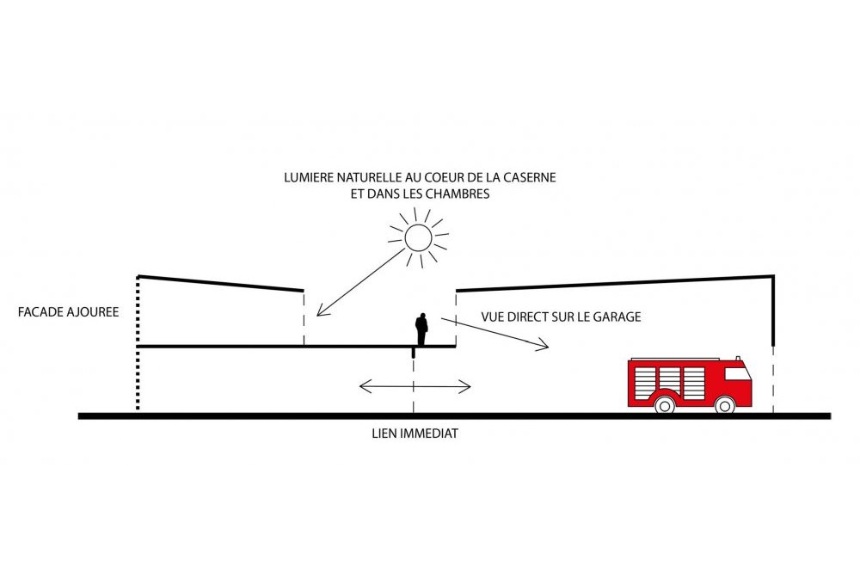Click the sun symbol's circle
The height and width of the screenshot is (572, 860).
click(405, 237)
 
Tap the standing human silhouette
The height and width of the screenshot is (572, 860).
click(421, 329)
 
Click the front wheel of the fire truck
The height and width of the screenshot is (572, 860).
click(725, 405)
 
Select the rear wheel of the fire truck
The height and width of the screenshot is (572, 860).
click(665, 405)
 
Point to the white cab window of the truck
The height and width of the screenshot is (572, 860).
click(737, 373)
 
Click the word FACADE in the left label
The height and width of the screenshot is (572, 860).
click(40, 312)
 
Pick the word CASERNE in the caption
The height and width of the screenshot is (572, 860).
click(532, 178)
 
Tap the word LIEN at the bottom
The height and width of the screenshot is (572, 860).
click(385, 434)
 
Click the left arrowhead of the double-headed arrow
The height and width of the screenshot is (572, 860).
click(364, 386)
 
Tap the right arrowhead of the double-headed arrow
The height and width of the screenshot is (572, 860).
click(466, 386)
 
